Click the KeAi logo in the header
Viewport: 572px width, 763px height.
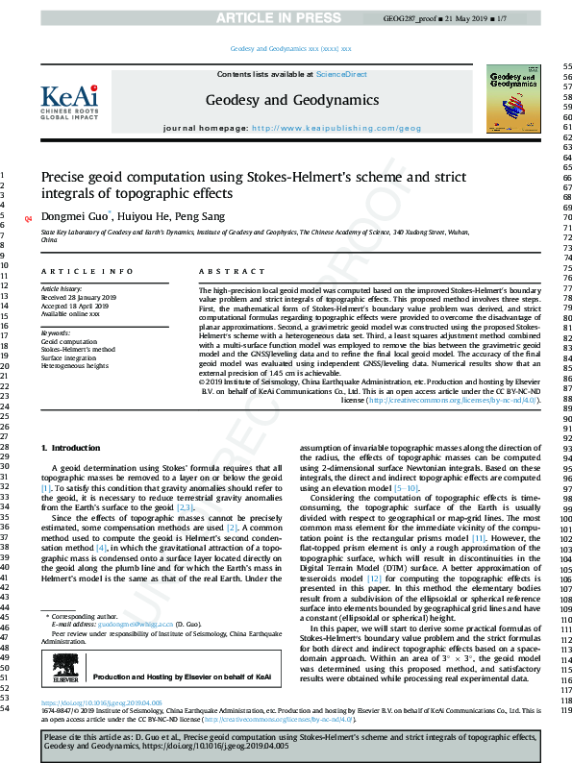pyautogui.click(x=69, y=99)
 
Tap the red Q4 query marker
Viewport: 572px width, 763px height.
pyautogui.click(x=27, y=219)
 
